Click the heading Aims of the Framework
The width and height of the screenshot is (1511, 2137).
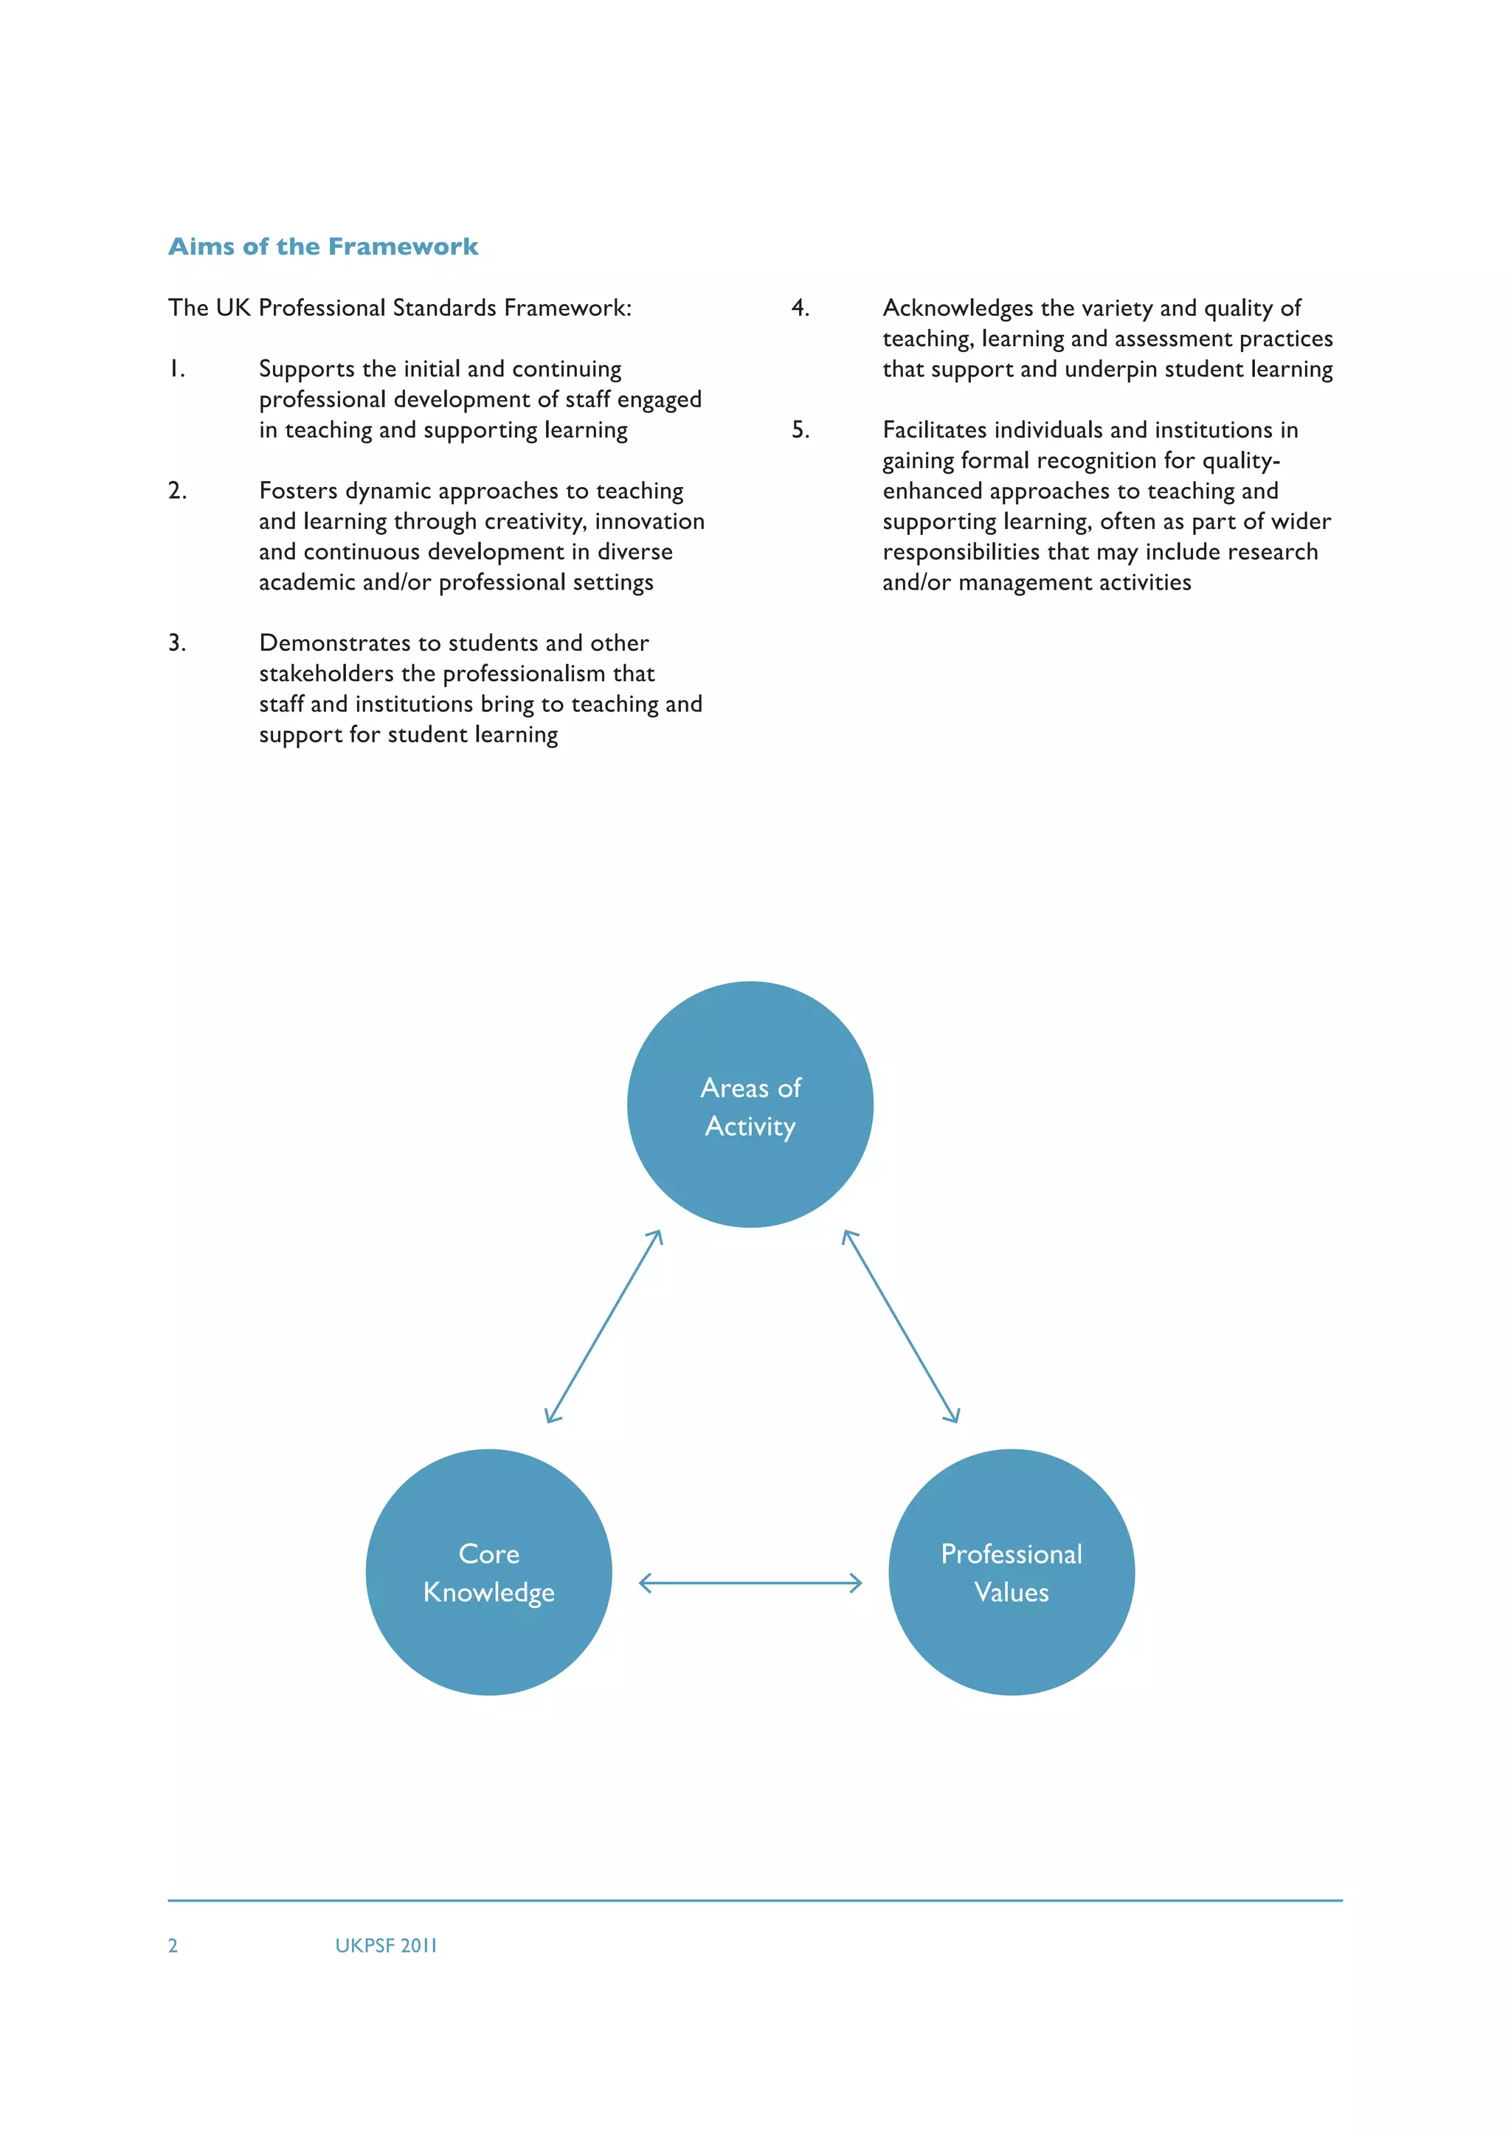point(323,246)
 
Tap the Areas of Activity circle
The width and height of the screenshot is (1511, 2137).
point(750,1105)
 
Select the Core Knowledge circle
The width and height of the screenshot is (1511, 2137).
point(488,1572)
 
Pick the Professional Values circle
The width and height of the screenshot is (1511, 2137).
point(1012,1572)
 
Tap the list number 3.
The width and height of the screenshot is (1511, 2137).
point(177,643)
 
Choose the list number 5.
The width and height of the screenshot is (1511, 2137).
point(801,430)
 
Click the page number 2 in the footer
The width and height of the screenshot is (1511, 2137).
point(173,1945)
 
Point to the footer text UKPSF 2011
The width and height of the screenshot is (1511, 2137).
point(385,1945)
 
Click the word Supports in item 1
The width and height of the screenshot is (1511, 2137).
point(307,370)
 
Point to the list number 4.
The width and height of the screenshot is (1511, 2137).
point(801,308)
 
